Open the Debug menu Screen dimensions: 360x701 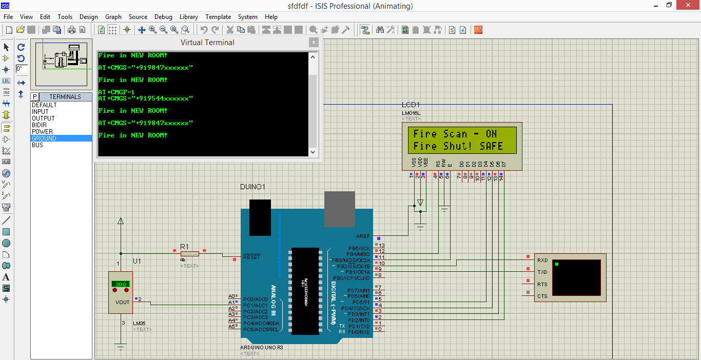pyautogui.click(x=163, y=17)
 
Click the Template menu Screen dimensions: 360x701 pyautogui.click(x=218, y=17)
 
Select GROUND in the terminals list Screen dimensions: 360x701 pyautogui.click(x=44, y=138)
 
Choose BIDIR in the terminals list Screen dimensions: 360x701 pyautogui.click(x=40, y=125)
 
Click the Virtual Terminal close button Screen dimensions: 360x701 pyautogui.click(x=313, y=43)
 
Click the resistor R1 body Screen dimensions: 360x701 pyautogui.click(x=190, y=253)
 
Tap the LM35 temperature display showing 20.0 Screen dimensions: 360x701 pyautogui.click(x=121, y=284)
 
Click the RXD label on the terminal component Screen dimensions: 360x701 pyautogui.click(x=542, y=261)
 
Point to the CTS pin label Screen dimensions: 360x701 pyautogui.click(x=542, y=296)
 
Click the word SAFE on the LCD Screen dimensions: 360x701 pyautogui.click(x=491, y=147)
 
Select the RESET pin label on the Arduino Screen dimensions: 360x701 pyautogui.click(x=251, y=257)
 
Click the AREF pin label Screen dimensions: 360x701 pyautogui.click(x=362, y=236)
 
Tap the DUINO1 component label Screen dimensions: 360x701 pyautogui.click(x=252, y=187)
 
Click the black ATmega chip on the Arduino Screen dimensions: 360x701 pyautogui.click(x=305, y=291)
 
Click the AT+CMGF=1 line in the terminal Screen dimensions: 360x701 pyautogui.click(x=116, y=92)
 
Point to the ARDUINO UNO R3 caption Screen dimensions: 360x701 pyautogui.click(x=261, y=347)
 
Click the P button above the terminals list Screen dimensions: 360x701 pyautogui.click(x=35, y=96)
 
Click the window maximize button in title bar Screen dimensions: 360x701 pyautogui.click(x=669, y=6)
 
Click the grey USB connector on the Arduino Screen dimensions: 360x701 pyautogui.click(x=339, y=209)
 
